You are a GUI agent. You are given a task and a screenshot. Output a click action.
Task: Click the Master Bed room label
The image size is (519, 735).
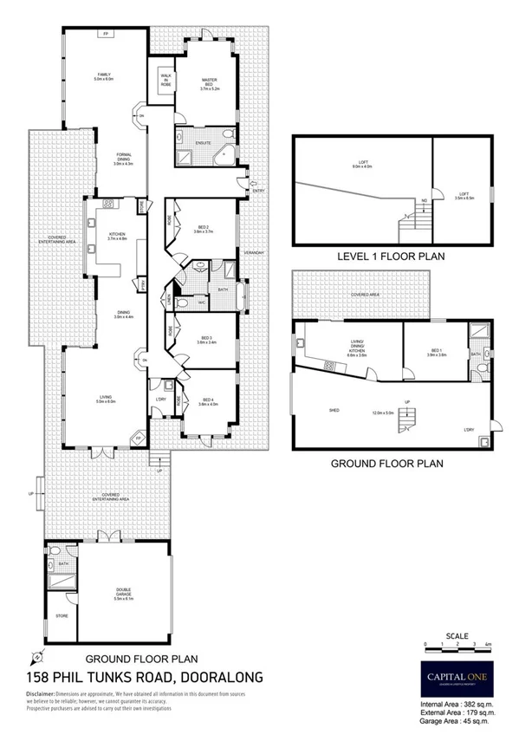[x=210, y=83]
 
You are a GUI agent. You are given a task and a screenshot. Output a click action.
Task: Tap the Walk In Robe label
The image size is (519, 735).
[x=165, y=80]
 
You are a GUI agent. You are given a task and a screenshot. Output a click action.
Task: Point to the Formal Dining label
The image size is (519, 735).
[x=125, y=159]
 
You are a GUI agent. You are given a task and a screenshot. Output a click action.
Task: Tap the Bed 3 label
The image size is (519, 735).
[x=206, y=340]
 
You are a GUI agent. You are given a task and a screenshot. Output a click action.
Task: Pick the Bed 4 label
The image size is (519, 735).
[x=206, y=401]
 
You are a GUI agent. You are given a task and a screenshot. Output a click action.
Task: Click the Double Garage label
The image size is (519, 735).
[x=124, y=591]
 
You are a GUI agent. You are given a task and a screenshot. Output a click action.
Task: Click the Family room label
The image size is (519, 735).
[x=104, y=76]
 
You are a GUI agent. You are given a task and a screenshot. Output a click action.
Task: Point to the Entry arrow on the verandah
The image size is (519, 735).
[x=252, y=183]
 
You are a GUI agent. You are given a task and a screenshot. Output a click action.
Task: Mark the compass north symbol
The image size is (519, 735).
[x=35, y=654]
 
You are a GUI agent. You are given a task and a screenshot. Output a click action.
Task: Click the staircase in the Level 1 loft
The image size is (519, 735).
[x=408, y=228]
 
